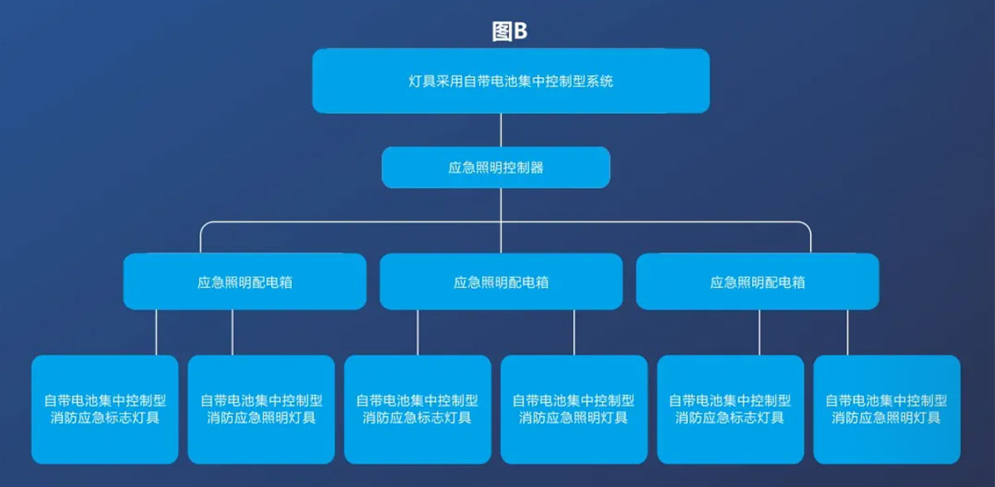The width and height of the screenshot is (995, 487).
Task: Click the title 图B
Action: (509, 32)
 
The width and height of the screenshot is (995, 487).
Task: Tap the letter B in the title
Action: (520, 32)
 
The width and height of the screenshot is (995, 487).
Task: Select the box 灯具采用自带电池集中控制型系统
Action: (511, 80)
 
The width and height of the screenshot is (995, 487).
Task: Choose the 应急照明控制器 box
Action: (496, 168)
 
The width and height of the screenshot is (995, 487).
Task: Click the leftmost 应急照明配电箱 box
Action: (245, 281)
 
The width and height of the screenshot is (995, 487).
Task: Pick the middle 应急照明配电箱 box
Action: (501, 281)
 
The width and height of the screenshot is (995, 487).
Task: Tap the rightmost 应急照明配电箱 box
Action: (757, 281)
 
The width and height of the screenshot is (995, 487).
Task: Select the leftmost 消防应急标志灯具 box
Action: (104, 409)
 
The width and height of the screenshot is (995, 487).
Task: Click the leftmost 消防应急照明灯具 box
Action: (261, 409)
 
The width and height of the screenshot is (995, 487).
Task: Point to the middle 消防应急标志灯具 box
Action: (418, 409)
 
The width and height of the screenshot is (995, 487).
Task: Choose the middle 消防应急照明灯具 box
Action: (574, 409)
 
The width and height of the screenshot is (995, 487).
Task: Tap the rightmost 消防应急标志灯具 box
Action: (730, 409)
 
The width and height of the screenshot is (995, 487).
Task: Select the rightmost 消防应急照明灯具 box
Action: (886, 409)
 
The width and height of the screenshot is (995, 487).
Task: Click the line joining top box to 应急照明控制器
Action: (501, 130)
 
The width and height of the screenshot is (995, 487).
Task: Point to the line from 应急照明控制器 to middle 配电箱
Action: (501, 221)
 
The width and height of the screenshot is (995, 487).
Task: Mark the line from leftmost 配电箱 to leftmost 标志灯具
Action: (156, 333)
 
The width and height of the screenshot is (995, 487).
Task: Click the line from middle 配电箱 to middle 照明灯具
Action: (574, 333)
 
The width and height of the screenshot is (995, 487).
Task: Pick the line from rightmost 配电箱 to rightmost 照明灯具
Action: (847, 333)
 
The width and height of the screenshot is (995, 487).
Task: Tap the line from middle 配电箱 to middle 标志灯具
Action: (418, 333)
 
